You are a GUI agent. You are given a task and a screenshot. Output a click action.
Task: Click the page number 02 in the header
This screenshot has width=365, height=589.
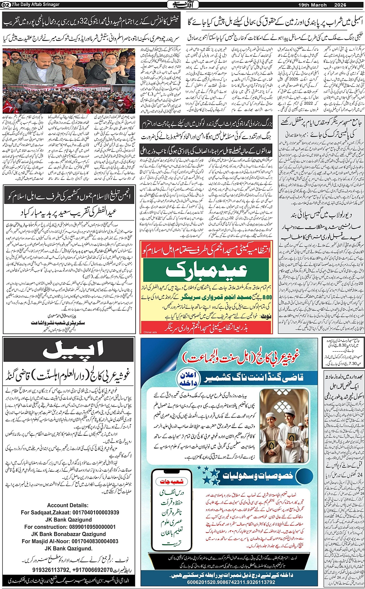(6, 5)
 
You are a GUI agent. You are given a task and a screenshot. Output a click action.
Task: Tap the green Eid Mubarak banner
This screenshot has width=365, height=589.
(205, 271)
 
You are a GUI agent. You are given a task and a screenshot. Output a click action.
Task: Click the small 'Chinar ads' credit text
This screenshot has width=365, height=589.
(150, 332)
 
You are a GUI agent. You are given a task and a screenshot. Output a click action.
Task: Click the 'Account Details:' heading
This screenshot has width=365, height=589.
(68, 505)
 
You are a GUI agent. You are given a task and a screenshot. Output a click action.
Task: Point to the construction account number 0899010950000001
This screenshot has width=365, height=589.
(91, 527)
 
